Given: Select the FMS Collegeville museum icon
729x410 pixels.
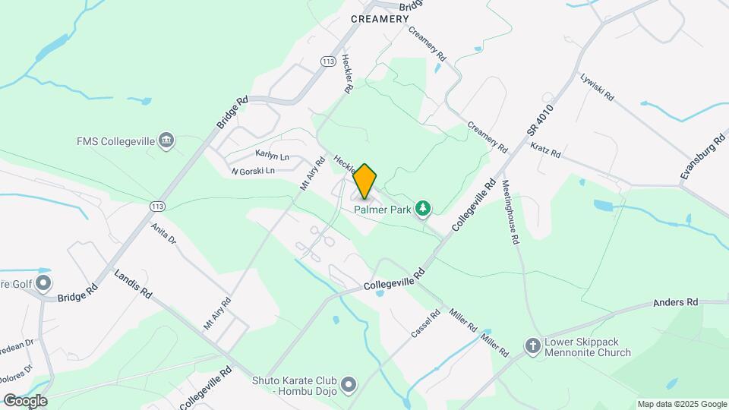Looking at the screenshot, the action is pyautogui.click(x=166, y=140).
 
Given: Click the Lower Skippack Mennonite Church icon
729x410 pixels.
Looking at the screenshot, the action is pyautogui.click(x=534, y=345).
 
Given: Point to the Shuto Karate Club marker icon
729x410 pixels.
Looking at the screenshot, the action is pyautogui.click(x=349, y=385).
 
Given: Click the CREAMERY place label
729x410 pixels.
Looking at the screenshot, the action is pyautogui.click(x=380, y=19).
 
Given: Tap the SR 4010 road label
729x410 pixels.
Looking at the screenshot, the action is pyautogui.click(x=540, y=121).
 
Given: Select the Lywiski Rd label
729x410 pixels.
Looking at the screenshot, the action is pyautogui.click(x=596, y=89).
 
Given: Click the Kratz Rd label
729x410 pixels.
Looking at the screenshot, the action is pyautogui.click(x=545, y=150).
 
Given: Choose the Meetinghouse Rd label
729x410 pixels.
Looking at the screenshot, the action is pyautogui.click(x=511, y=212).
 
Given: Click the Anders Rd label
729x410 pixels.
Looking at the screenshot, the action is pyautogui.click(x=675, y=302).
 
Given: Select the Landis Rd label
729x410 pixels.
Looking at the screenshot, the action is pyautogui.click(x=133, y=283).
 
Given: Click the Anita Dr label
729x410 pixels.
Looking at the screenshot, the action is pyautogui.click(x=163, y=232).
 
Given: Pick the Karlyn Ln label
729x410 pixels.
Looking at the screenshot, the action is pyautogui.click(x=273, y=156).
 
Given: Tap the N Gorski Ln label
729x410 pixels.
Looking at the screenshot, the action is pyautogui.click(x=253, y=171).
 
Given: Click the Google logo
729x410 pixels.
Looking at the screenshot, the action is pyautogui.click(x=25, y=400).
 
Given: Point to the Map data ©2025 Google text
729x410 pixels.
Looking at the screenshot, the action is pyautogui.click(x=682, y=404).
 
